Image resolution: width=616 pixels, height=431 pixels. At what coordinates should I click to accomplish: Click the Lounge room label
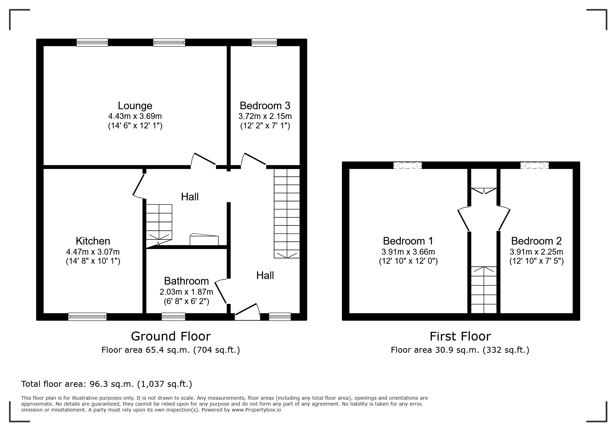135,105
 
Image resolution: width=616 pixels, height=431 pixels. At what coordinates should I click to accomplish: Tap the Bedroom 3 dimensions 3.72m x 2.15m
265,116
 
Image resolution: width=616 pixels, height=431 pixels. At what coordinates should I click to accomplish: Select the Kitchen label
93,241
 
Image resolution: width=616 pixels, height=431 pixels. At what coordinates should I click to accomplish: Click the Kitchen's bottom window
87,317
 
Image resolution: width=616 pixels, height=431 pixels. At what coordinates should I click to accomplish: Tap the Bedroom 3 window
264,42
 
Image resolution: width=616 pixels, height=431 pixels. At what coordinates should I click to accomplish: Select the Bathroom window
173,317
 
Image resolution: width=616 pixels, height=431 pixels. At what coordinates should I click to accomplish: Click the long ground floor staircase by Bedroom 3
287,213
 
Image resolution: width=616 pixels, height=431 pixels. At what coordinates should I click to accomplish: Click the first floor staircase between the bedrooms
483,289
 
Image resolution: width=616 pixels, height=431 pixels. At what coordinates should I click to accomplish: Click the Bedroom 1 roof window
407,165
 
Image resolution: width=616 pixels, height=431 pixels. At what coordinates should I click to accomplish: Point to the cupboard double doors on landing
483,191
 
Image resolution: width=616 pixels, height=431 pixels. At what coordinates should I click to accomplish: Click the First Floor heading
460,336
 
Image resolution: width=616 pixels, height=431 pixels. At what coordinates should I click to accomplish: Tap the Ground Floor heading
170,336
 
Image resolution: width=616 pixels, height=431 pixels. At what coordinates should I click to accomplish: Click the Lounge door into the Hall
204,159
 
